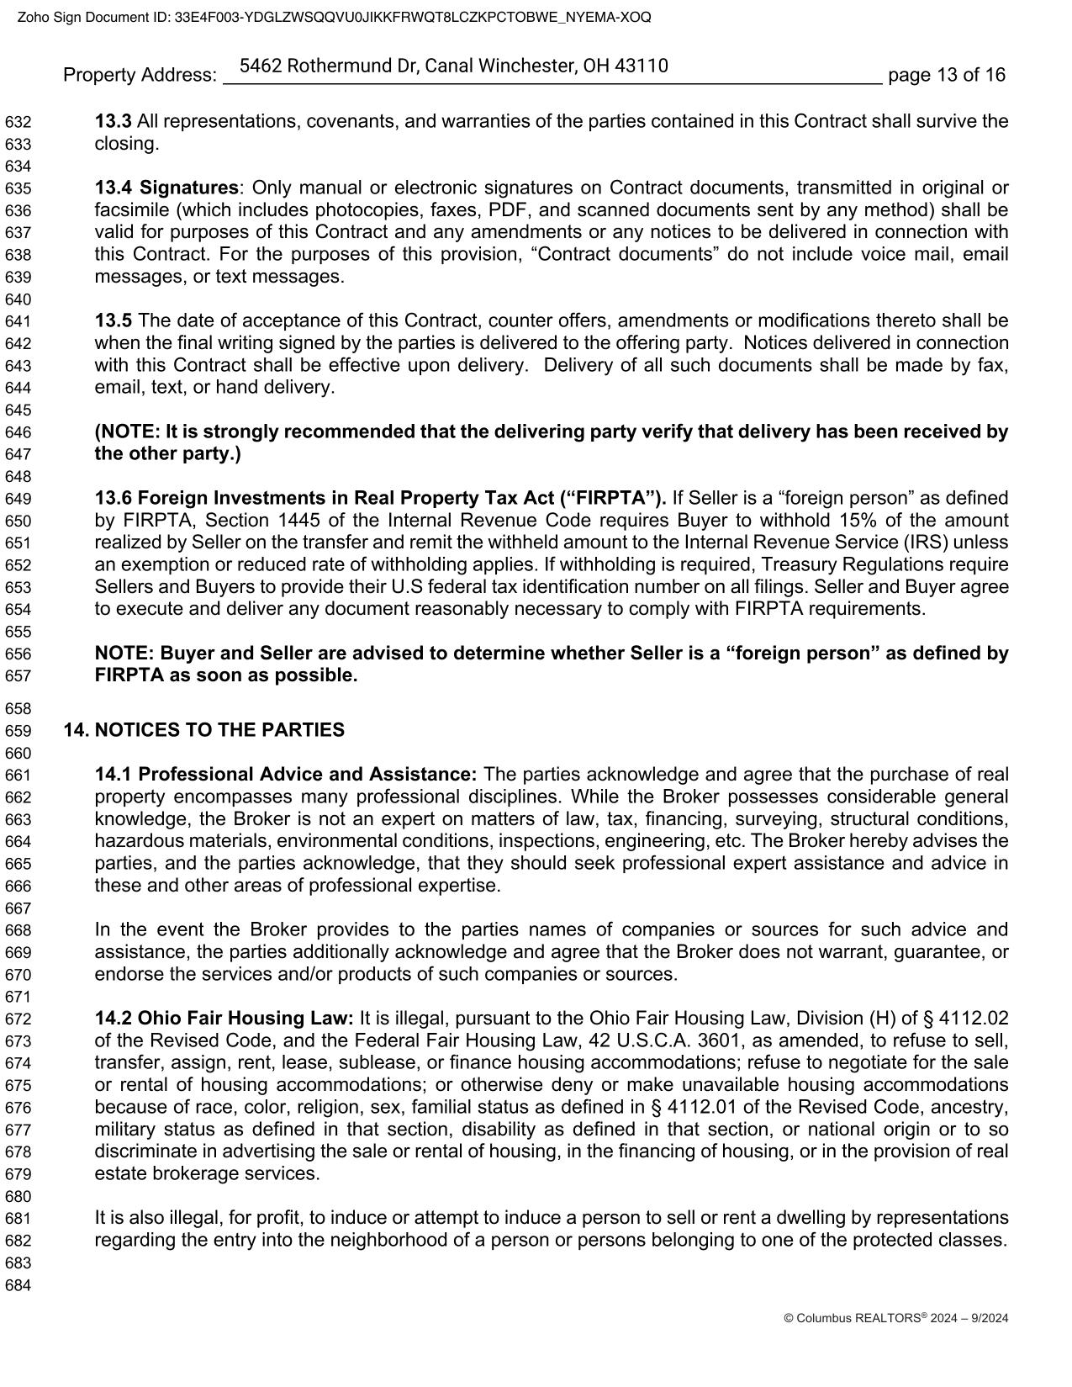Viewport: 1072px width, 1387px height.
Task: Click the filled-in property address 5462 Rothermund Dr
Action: point(454,66)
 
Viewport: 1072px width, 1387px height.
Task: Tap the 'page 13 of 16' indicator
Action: point(946,75)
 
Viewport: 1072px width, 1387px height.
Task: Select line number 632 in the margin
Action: point(18,122)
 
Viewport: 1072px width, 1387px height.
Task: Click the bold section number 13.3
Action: point(114,121)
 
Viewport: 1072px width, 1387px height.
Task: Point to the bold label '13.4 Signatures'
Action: point(166,187)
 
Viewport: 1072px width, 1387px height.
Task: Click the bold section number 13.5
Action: point(114,320)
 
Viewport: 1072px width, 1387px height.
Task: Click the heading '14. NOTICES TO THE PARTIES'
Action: point(204,729)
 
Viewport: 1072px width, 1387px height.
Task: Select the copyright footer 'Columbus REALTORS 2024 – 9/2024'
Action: point(895,1318)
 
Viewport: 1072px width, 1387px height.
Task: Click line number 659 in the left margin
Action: point(18,730)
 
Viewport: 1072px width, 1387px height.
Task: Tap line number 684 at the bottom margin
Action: point(18,1284)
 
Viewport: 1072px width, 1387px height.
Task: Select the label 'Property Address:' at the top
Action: point(140,75)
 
